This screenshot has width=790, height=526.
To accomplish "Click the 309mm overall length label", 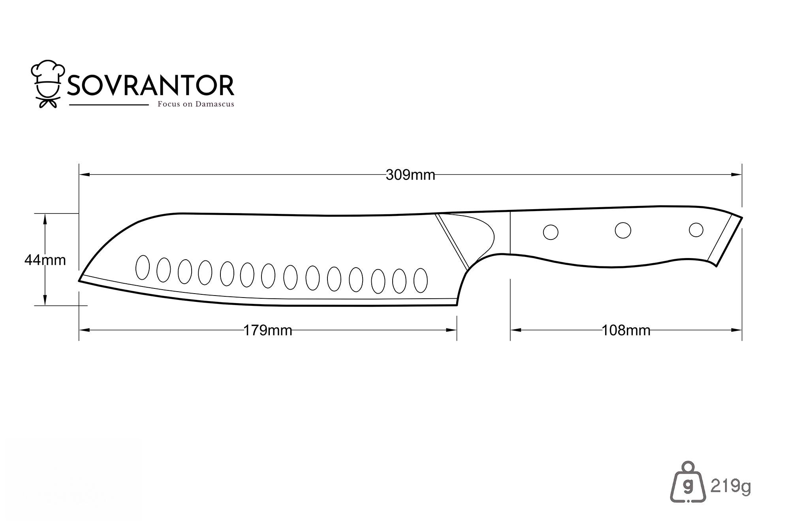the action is click(x=410, y=175).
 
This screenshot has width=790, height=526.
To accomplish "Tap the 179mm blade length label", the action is click(x=267, y=330).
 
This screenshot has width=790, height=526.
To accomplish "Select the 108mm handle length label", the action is click(x=626, y=330).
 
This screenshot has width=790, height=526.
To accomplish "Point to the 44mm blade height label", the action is click(x=45, y=260).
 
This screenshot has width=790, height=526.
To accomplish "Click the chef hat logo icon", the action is click(x=48, y=84).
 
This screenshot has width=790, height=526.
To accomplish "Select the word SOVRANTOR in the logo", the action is click(x=151, y=86).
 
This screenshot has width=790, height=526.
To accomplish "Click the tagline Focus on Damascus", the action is click(x=196, y=104).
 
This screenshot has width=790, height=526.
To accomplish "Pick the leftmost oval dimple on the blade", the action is click(x=143, y=267).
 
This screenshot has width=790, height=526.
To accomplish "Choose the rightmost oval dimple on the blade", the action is click(x=420, y=281).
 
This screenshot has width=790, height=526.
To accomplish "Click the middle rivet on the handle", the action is click(x=623, y=230).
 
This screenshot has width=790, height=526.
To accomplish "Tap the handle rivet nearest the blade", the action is click(x=551, y=232).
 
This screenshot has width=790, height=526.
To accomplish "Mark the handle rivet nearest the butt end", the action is click(x=696, y=230).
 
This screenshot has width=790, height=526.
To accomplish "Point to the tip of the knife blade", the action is click(x=79, y=281).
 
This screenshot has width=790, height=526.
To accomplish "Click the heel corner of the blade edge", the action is click(x=457, y=305).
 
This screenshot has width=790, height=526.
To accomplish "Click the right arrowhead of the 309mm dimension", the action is click(x=736, y=174).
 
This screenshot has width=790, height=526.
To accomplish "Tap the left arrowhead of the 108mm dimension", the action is click(x=516, y=330).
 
